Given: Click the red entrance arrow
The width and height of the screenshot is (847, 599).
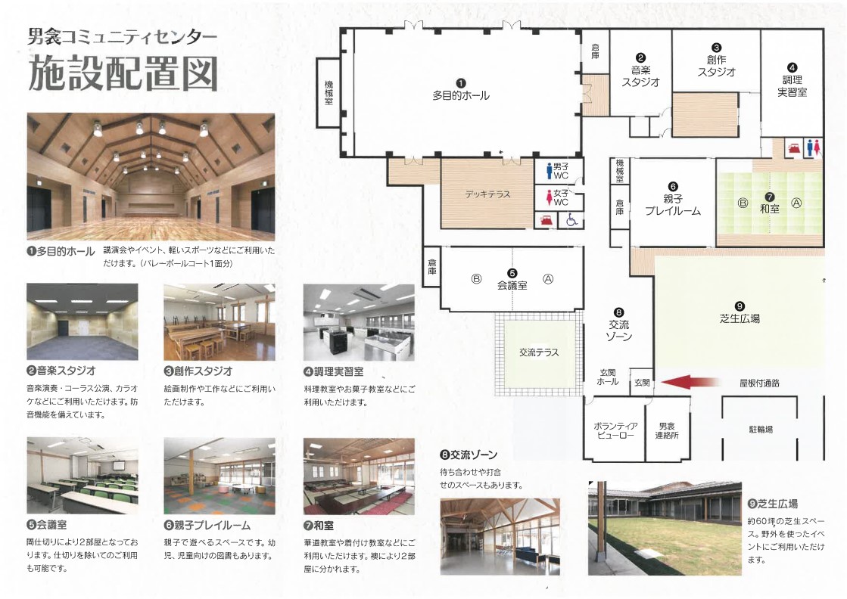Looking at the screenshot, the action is point(690,382).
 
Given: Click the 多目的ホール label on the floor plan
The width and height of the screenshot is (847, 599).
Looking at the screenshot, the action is point(461,95).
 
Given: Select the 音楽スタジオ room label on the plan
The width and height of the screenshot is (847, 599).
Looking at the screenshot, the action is point(640,76).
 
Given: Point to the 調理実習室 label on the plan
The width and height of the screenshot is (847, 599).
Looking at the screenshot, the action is point(792,85).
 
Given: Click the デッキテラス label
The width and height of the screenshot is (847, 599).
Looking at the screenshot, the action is point(487,194).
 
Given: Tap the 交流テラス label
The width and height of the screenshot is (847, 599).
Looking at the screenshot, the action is point(539,352).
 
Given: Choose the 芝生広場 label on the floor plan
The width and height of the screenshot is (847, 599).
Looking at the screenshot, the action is point(740,318).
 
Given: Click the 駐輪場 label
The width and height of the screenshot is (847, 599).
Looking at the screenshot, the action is point(761,430).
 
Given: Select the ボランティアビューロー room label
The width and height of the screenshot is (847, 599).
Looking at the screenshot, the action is point(616,430).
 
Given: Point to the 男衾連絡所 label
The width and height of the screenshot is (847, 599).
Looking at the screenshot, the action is point(667,430).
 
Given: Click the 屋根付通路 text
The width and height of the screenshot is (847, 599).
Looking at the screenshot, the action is point(759,383).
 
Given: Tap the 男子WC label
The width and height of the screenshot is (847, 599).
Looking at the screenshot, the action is point(561,171).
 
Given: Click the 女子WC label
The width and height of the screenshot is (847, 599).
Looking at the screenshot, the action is point(561,197).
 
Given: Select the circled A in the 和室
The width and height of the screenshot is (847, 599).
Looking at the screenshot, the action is point(796,203).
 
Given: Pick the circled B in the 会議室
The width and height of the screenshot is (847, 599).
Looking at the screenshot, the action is point(476,279).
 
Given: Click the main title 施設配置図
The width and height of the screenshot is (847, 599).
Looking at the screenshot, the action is point(123,73).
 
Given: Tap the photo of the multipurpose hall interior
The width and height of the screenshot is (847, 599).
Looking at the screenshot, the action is point(151,176).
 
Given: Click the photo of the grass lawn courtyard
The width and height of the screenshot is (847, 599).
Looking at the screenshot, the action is point(665,529).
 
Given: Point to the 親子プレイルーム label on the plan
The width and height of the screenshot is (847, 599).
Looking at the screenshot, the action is point(673,205).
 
